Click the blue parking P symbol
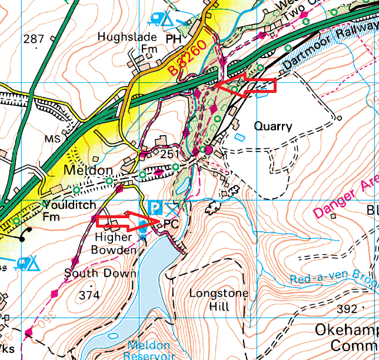click(154, 207)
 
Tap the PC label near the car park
click(171, 224)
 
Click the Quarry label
click(272, 126)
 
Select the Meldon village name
click(88, 171)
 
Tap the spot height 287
click(34, 39)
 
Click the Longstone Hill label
click(219, 299)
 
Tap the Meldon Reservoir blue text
click(149, 350)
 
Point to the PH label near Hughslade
click(172, 38)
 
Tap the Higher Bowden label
click(114, 243)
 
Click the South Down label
click(100, 273)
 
